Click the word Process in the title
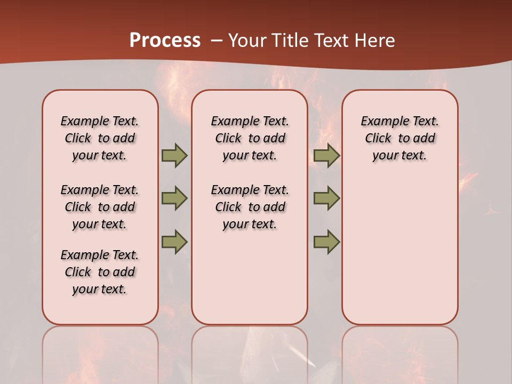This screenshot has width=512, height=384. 165,40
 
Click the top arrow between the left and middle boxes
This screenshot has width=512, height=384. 174,155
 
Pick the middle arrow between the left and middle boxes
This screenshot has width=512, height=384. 174,198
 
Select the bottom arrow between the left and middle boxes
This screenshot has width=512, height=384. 174,242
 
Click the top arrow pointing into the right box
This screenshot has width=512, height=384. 326,155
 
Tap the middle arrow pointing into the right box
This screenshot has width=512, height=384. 326,198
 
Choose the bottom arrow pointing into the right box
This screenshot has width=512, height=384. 326,242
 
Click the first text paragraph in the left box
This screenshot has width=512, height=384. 100,138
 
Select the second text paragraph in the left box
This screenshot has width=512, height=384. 100,207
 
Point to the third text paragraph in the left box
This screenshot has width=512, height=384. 100,272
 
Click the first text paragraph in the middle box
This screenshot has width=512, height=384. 250,138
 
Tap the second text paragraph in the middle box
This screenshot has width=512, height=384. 250,207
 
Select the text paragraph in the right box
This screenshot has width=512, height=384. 399,138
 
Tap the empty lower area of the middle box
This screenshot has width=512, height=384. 250,277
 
